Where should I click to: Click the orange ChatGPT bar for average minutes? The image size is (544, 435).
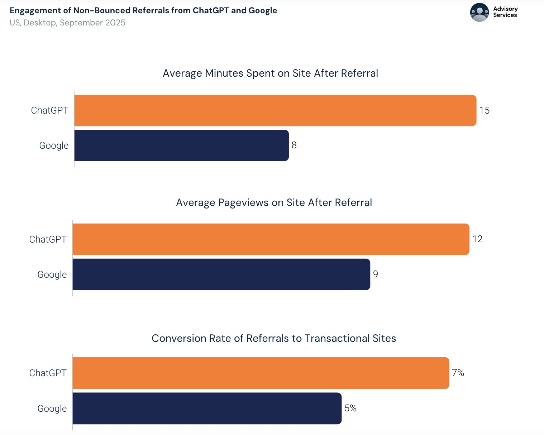[275, 110]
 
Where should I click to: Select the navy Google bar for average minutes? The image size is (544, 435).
[181, 145]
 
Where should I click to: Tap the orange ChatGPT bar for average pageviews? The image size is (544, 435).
[271, 239]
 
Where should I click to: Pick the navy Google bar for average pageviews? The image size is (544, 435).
[221, 274]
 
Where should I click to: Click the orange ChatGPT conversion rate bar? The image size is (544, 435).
[261, 373]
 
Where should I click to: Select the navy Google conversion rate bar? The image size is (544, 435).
[207, 408]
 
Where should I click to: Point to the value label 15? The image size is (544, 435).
[484, 110]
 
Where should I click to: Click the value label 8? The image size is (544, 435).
[294, 145]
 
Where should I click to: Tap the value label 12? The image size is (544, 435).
[477, 239]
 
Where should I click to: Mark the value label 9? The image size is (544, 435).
[375, 274]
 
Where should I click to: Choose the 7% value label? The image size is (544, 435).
[458, 373]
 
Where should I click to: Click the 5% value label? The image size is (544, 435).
[350, 408]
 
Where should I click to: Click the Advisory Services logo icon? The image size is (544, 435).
[479, 13]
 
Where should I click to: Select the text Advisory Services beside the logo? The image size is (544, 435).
[505, 12]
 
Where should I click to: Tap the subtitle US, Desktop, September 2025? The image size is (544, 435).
[67, 23]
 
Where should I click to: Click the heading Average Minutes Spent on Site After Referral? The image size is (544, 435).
[270, 73]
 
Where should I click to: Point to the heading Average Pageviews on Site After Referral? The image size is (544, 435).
[274, 202]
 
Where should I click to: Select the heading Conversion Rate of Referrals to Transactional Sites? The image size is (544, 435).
[274, 338]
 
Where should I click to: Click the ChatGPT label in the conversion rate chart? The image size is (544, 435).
[48, 373]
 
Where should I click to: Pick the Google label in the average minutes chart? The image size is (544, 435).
[54, 145]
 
